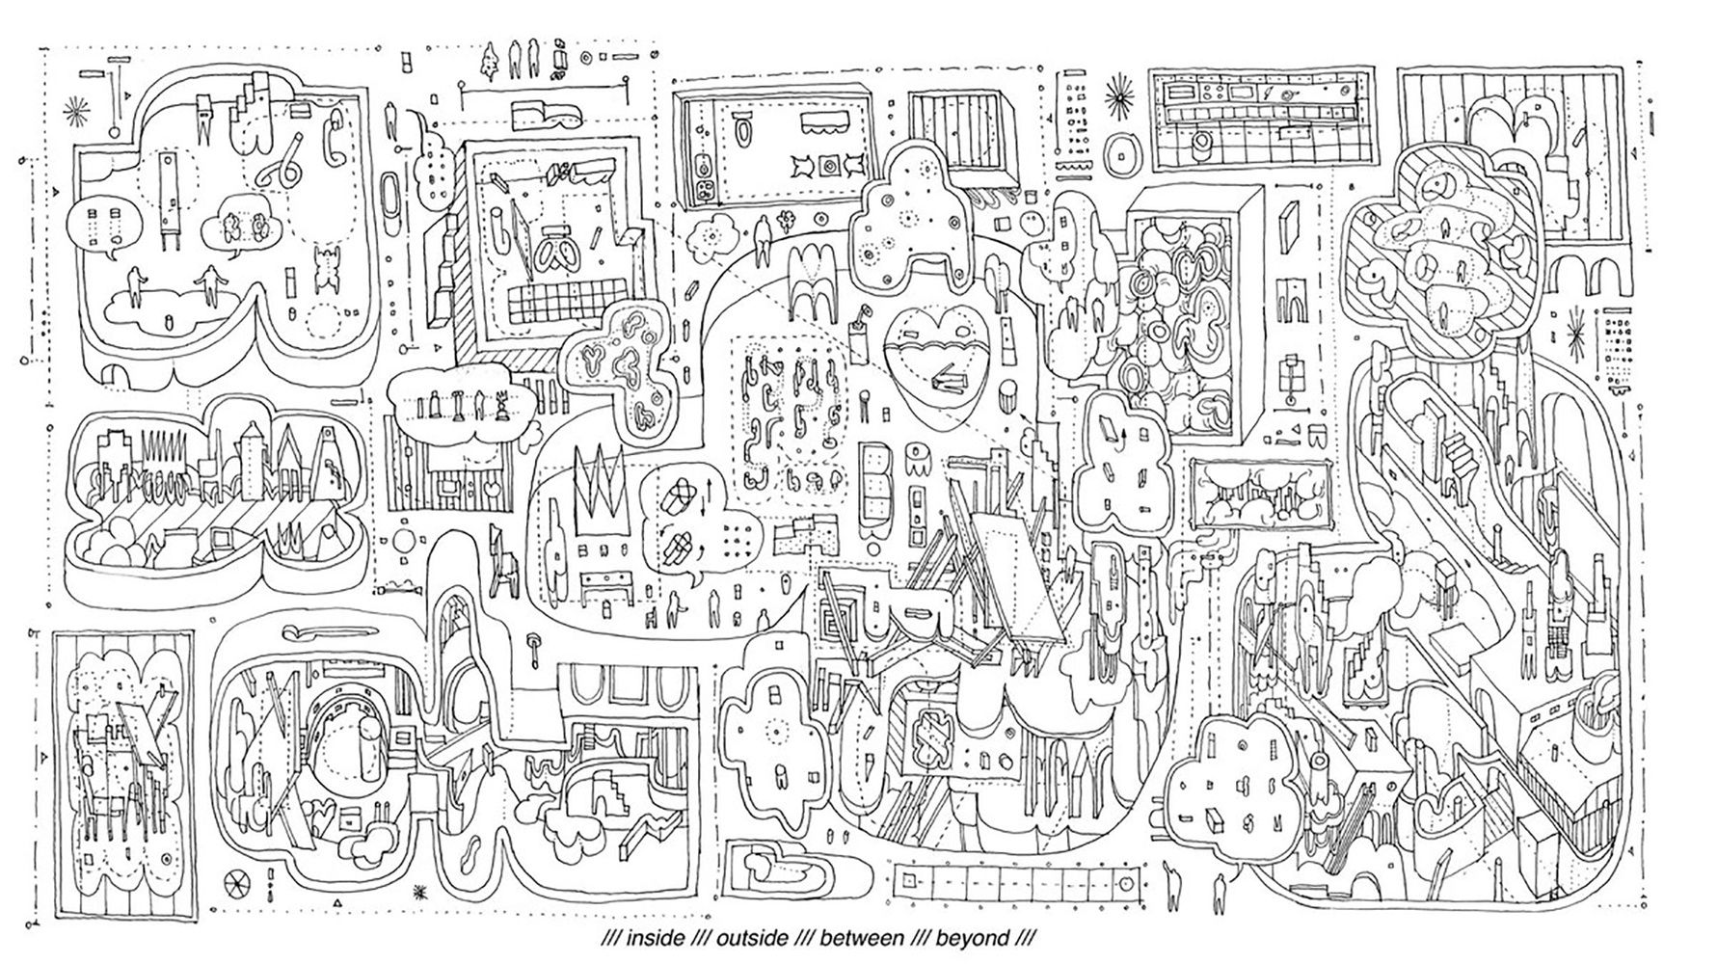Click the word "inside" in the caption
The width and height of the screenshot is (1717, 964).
pos(656,937)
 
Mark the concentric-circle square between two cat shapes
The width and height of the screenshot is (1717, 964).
pos(827,168)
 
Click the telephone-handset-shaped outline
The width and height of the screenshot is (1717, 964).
pos(336,132)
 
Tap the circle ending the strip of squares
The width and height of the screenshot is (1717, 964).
pos(1124,882)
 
